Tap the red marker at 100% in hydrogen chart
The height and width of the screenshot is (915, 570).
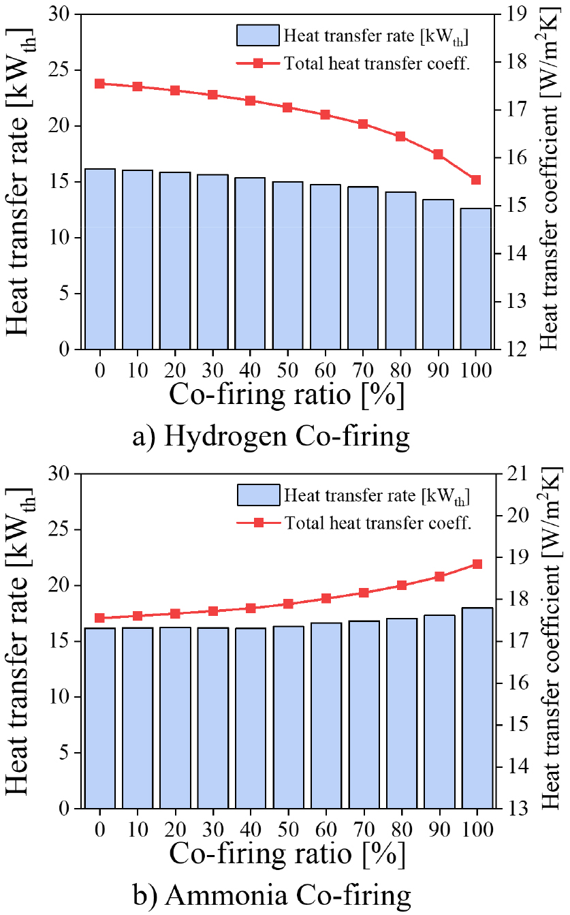coord(475,180)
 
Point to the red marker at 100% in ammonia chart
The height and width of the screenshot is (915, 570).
coord(477,564)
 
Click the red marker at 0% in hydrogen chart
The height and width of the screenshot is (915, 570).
coord(100,84)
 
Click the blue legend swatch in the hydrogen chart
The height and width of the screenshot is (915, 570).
coord(258,35)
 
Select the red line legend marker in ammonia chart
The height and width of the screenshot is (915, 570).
coord(258,523)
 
